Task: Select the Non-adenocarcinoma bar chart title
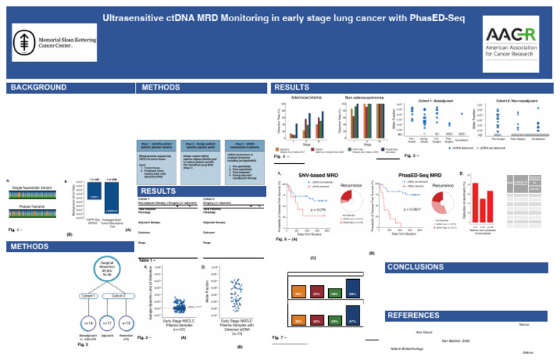click(x=366, y=96)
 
